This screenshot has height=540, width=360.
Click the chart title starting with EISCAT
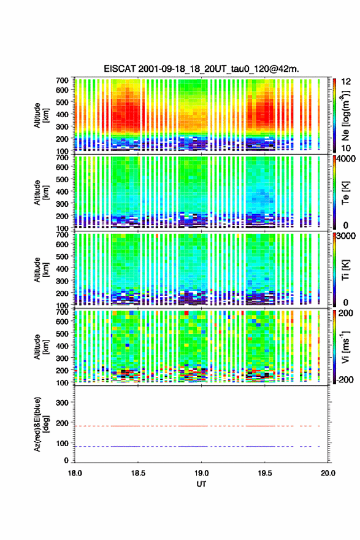201,69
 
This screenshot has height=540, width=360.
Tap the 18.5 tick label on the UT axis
138,473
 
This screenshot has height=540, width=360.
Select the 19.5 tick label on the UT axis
265,473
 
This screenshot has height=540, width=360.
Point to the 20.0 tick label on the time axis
328,473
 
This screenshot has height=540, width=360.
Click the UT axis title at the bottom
201,484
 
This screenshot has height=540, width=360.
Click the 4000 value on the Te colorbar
346,160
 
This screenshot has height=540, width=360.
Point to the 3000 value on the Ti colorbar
346,236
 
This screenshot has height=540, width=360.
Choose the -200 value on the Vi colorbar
345,379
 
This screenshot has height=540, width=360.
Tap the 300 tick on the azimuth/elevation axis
62,403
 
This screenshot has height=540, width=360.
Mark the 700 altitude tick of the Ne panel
62,80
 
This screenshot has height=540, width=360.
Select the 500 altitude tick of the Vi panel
62,334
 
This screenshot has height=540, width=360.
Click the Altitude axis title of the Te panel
41,193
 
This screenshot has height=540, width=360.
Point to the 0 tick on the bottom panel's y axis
66,460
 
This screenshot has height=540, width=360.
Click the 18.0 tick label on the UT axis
75,473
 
